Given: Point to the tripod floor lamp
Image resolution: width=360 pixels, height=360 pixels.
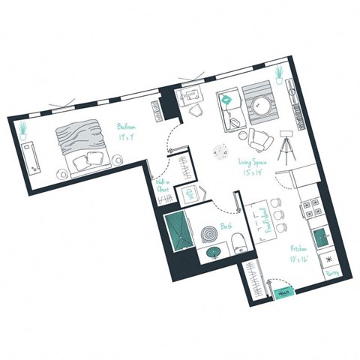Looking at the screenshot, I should coord(286,145).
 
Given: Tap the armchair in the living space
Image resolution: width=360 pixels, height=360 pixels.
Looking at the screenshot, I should coord(260,139).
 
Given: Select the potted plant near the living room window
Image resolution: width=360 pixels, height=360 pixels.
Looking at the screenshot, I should coord(278,72).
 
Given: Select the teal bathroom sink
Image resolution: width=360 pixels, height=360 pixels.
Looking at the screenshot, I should coord(212,253).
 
